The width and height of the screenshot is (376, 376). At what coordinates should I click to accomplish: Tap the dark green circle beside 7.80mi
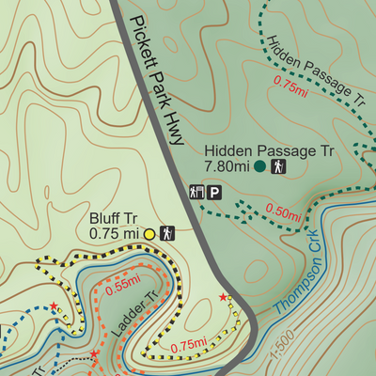coord(258,167)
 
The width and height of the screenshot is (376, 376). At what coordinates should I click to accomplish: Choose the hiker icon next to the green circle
coord(278,167)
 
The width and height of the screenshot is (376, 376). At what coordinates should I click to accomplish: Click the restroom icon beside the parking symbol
coord(196,192)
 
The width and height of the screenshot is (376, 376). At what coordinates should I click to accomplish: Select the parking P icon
coord(215,192)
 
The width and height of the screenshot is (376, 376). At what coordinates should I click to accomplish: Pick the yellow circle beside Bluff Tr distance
coord(149,232)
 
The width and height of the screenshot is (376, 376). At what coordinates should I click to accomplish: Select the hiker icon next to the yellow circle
coord(167,232)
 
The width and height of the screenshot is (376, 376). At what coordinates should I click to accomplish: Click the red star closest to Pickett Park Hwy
coord(223,298)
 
